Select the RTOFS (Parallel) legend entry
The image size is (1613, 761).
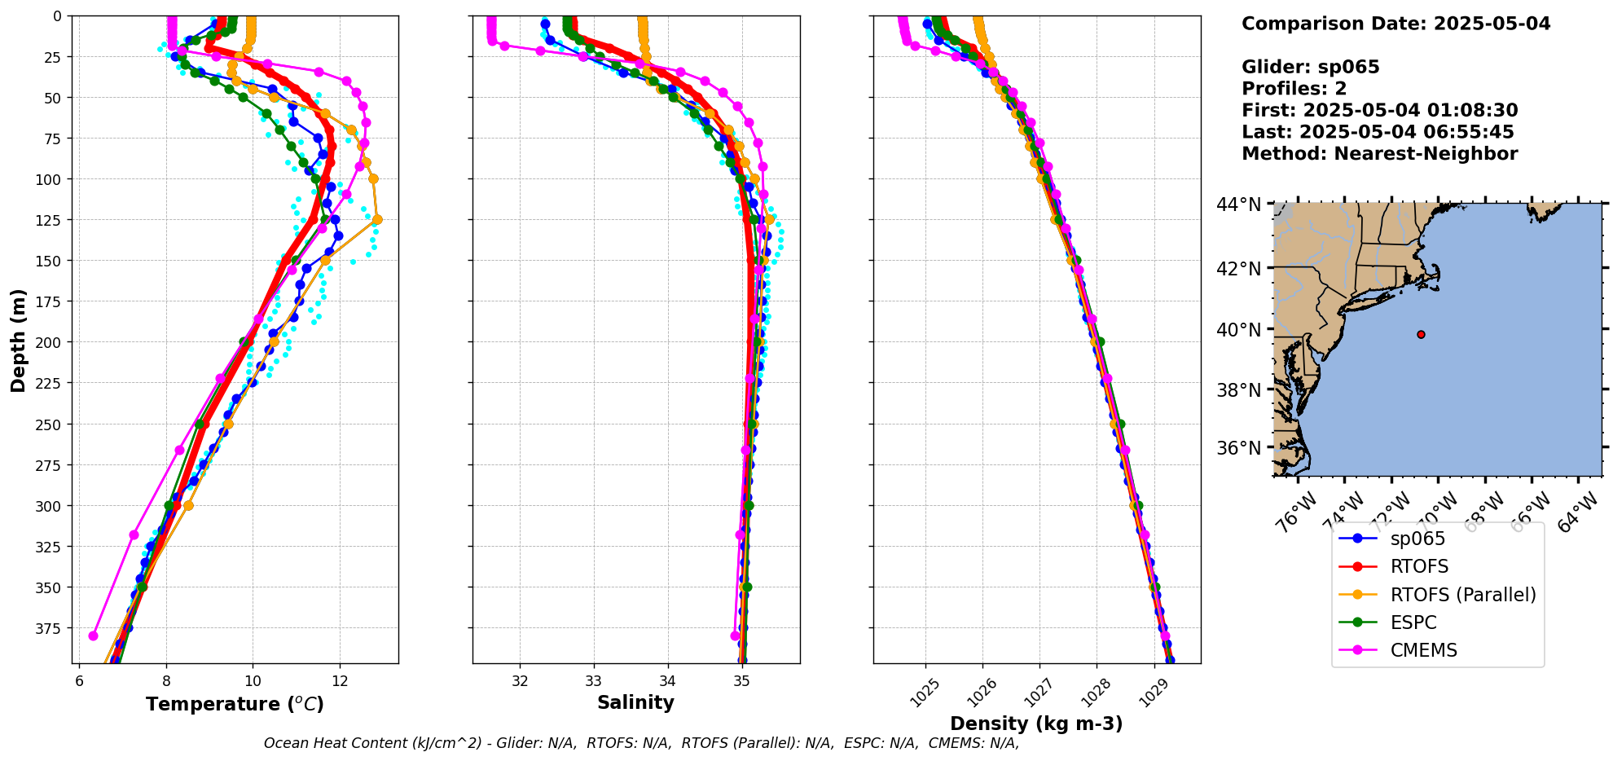(x=1462, y=595)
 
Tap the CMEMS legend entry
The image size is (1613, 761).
(x=1423, y=650)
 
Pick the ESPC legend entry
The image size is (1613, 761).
(x=1413, y=622)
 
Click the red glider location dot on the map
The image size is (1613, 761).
(x=1421, y=334)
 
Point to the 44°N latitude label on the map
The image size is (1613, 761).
(x=1238, y=204)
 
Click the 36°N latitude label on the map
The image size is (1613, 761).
(x=1238, y=448)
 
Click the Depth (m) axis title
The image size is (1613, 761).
(x=18, y=340)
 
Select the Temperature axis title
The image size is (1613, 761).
(x=235, y=704)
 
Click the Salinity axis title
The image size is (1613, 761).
(x=635, y=702)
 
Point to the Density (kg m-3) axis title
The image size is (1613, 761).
(x=1036, y=724)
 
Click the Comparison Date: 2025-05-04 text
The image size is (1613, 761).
(x=1395, y=24)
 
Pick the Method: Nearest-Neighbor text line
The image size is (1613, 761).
(x=1379, y=154)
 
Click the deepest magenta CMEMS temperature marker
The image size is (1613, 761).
(x=93, y=636)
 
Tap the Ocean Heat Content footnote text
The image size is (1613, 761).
(x=641, y=743)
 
